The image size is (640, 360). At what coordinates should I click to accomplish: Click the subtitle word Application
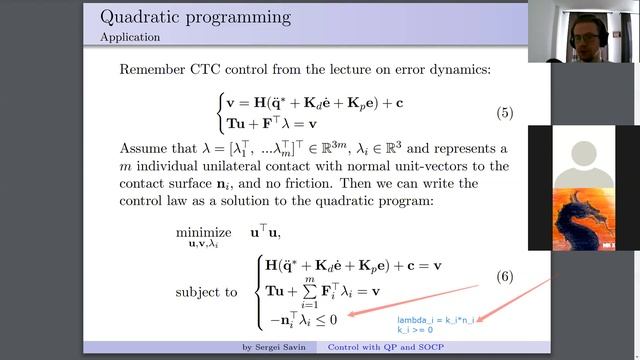[130, 38]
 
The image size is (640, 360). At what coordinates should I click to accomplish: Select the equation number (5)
[504, 112]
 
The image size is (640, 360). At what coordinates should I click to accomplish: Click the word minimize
[203, 231]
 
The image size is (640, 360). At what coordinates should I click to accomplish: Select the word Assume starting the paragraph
[148, 150]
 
